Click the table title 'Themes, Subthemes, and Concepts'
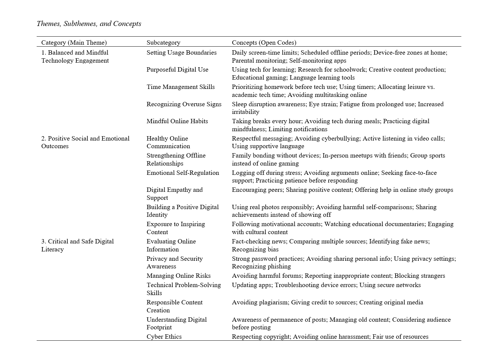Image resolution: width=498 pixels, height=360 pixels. click(89, 24)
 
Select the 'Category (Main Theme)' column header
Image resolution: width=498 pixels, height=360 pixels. click(74, 42)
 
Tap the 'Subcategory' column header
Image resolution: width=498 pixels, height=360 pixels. click(163, 42)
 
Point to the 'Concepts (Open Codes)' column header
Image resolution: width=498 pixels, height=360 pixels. click(264, 42)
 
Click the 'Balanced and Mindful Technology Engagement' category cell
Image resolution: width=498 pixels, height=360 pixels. click(75, 56)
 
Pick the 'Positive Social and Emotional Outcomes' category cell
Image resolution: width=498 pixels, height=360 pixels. click(85, 142)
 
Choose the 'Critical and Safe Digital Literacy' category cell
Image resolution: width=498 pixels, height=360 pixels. click(77, 245)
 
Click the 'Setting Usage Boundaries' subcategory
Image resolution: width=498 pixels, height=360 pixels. click(181, 53)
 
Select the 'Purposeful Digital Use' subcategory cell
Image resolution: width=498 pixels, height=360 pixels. click(177, 70)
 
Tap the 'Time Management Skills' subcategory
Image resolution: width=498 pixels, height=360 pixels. click(181, 87)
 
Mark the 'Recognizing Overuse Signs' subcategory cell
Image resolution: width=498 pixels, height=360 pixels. click(184, 104)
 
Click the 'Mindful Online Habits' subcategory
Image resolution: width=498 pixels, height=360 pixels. click(177, 121)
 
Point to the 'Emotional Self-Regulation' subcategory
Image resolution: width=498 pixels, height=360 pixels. click(183, 173)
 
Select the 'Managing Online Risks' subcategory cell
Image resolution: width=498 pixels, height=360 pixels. click(179, 276)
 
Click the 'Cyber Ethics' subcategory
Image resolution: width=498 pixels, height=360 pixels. click(164, 337)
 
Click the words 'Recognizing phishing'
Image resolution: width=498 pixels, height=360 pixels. click(261, 266)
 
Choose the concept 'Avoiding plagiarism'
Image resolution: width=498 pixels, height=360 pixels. click(260, 302)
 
